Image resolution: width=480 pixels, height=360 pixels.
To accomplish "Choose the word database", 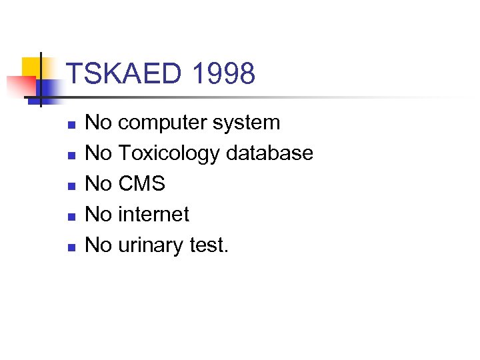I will point(269,153).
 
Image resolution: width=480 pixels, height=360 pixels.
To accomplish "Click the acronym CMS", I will point(141,184).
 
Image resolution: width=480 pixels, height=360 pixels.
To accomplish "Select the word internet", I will point(153,215).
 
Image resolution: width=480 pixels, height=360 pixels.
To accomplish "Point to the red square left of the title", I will point(20,86).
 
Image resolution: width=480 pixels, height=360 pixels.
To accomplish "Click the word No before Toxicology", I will point(99,153).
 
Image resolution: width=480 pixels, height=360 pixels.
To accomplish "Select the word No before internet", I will point(99,215).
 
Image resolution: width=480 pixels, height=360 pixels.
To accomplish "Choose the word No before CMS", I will point(99,184).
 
